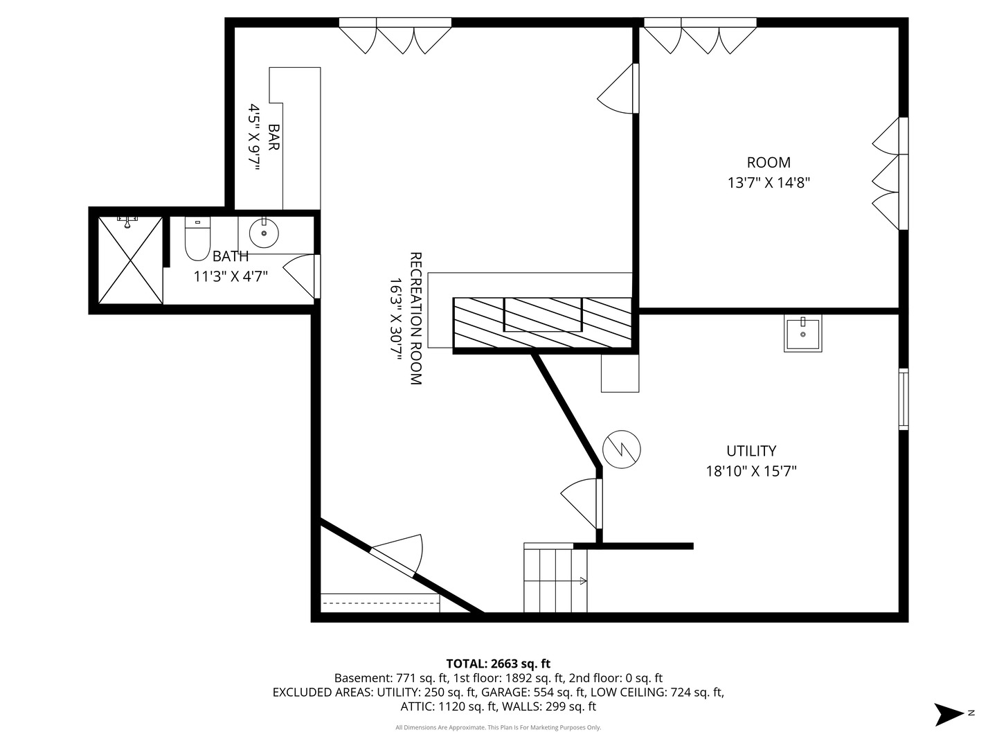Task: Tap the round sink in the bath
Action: pos(263,233)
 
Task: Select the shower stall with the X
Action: pos(130,260)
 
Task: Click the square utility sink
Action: pos(802,334)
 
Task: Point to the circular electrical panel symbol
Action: pos(622,449)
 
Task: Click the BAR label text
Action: pos(273,138)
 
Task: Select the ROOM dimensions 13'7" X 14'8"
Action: pos(769,183)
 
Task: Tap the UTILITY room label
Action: pos(751,451)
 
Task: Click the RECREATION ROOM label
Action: pos(415,318)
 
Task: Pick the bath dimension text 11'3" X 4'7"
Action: pos(231,276)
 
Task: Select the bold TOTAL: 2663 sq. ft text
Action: pos(498,664)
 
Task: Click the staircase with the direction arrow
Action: pos(555,580)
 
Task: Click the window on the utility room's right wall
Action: pos(903,400)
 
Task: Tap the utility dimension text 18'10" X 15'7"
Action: pos(751,472)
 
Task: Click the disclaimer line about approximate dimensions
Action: pos(498,727)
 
